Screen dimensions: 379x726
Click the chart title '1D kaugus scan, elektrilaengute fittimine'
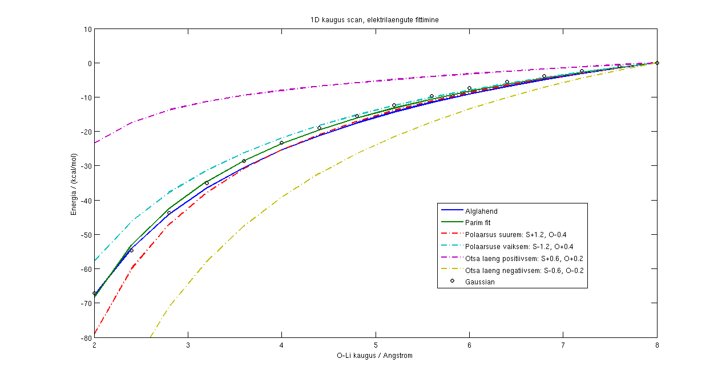374,20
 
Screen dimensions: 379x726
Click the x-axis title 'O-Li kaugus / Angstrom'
374,356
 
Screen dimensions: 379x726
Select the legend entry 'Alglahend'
481,211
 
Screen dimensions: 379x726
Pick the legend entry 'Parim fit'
478,223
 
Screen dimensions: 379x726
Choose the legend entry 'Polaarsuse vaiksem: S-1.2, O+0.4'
519,246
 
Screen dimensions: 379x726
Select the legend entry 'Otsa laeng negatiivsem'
524,270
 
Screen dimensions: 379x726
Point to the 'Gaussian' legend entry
479,282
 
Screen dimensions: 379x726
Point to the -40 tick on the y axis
85,200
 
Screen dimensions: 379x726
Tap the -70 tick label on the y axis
85,303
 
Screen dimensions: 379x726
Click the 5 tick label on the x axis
376,345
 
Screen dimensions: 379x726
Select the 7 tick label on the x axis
563,345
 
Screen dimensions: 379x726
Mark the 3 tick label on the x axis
188,345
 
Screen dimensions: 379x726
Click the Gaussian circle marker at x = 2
94,294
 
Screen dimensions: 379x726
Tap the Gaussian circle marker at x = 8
657,63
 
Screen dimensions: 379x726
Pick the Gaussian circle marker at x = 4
281,142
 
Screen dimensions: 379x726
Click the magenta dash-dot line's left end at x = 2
95,142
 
